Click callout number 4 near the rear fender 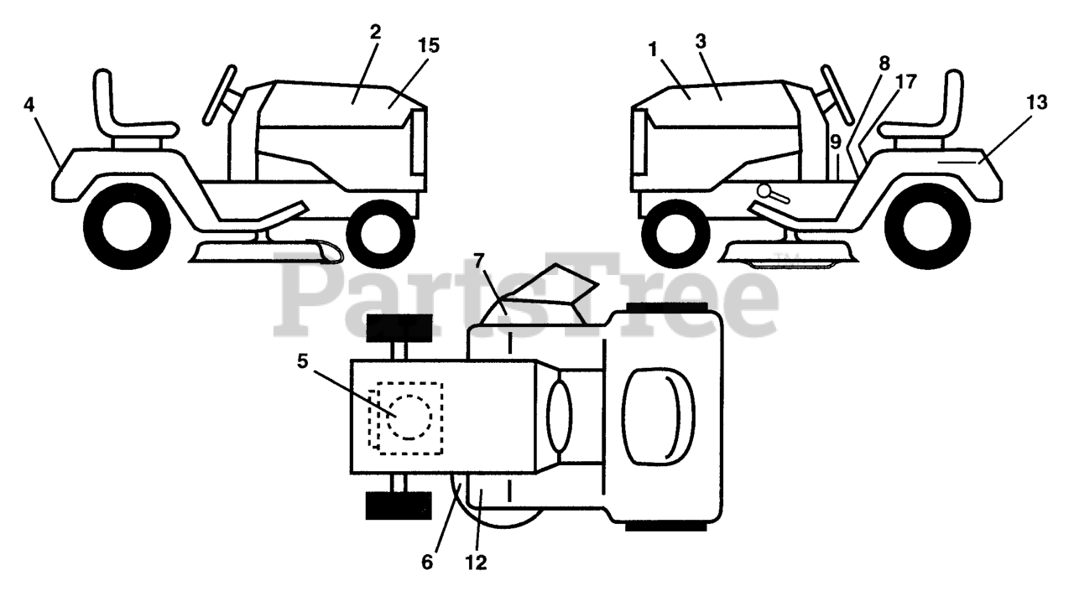(29, 106)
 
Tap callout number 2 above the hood (375, 32)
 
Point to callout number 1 (652, 49)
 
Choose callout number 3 (701, 40)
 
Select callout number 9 (836, 142)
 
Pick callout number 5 (303, 361)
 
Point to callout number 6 (427, 562)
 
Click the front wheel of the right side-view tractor (675, 226)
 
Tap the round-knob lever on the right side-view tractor (774, 194)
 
